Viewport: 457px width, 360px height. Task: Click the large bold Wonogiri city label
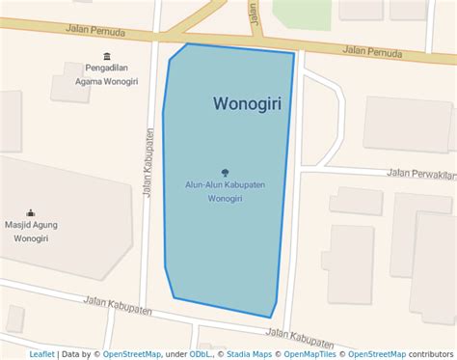click(x=247, y=103)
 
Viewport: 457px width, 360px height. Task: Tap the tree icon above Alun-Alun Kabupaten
click(x=226, y=173)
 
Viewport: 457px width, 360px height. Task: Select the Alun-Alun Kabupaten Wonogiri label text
click(x=226, y=191)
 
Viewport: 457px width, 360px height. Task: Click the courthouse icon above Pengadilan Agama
click(x=106, y=56)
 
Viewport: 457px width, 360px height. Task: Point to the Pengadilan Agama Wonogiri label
click(x=106, y=76)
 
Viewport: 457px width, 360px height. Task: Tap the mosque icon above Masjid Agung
click(x=31, y=212)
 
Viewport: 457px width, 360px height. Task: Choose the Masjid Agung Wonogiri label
click(x=31, y=232)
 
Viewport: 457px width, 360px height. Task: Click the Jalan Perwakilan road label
click(x=420, y=174)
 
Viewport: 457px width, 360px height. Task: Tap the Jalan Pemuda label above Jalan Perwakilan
click(x=373, y=52)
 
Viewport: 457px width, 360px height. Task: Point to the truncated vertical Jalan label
click(x=253, y=13)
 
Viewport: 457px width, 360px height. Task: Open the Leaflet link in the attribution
click(x=41, y=354)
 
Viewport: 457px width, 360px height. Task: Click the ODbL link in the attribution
click(x=202, y=354)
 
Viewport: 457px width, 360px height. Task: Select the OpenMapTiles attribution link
click(x=310, y=354)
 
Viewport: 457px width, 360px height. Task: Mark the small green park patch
click(x=302, y=12)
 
